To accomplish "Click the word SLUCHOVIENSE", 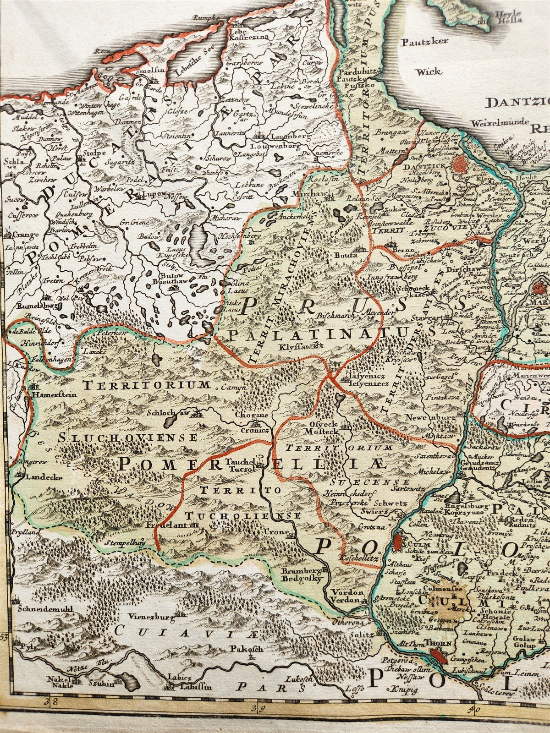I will [127, 438].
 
